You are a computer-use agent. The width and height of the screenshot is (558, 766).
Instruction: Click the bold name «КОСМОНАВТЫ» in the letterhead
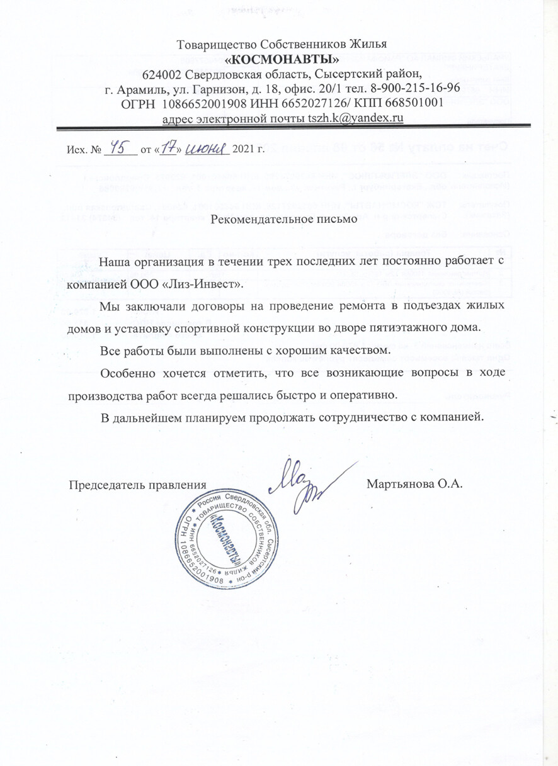click(x=282, y=60)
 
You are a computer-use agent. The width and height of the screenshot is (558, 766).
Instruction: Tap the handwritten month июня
click(x=206, y=148)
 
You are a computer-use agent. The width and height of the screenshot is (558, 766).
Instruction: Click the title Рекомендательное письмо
click(x=283, y=220)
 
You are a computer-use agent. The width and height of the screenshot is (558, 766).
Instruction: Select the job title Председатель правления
click(x=137, y=485)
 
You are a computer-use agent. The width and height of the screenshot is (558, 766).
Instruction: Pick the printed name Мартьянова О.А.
click(x=414, y=485)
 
